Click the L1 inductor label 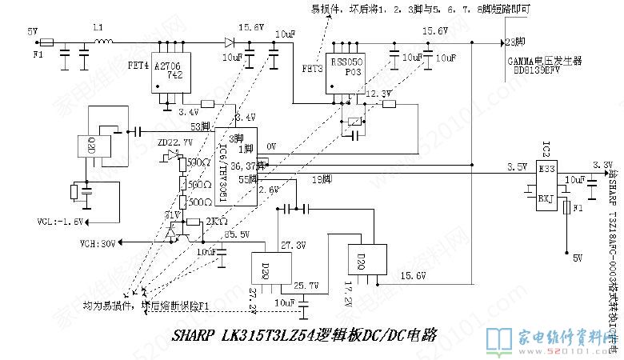click(98, 29)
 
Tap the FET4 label click(138, 64)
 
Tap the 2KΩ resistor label click(215, 220)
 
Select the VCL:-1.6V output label click(59, 221)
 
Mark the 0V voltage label click(271, 146)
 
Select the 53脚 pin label click(200, 126)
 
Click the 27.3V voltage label click(291, 244)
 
